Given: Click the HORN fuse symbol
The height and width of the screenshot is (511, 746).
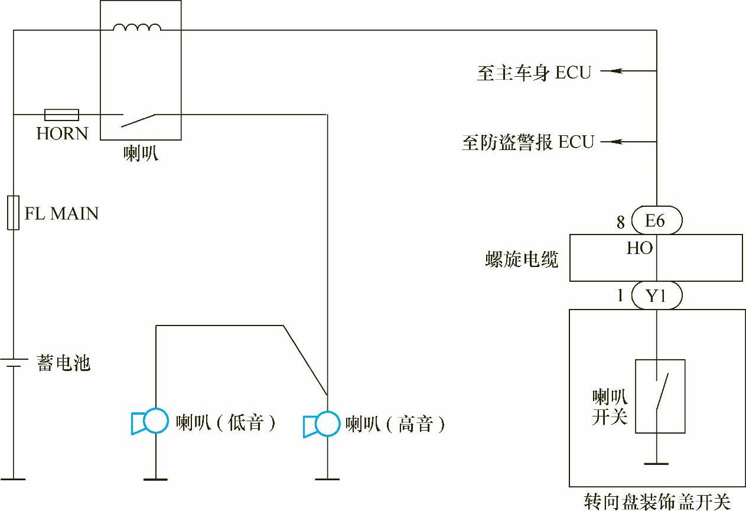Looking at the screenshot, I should click(x=61, y=114).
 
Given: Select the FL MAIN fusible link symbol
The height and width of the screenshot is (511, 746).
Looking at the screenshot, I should click(x=13, y=212).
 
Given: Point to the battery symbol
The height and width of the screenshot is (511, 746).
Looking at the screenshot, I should click(x=13, y=362).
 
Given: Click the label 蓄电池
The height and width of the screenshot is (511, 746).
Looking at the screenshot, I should click(x=64, y=363).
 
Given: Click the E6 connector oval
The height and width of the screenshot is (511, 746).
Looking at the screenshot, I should click(x=656, y=221).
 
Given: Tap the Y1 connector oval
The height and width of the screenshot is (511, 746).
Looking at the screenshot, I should click(x=656, y=295).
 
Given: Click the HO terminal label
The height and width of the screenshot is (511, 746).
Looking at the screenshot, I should click(x=639, y=248).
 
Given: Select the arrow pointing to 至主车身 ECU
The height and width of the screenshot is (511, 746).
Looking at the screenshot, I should click(x=612, y=71).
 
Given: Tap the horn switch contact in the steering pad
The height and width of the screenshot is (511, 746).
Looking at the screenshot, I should click(x=662, y=393).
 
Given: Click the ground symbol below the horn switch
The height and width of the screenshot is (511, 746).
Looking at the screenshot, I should click(x=656, y=463).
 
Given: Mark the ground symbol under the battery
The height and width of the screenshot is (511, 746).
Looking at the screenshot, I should click(x=13, y=479).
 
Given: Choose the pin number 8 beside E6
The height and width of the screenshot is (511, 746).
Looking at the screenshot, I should click(x=620, y=222).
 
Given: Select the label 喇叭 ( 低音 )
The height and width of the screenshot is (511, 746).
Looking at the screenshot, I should click(x=226, y=423).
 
